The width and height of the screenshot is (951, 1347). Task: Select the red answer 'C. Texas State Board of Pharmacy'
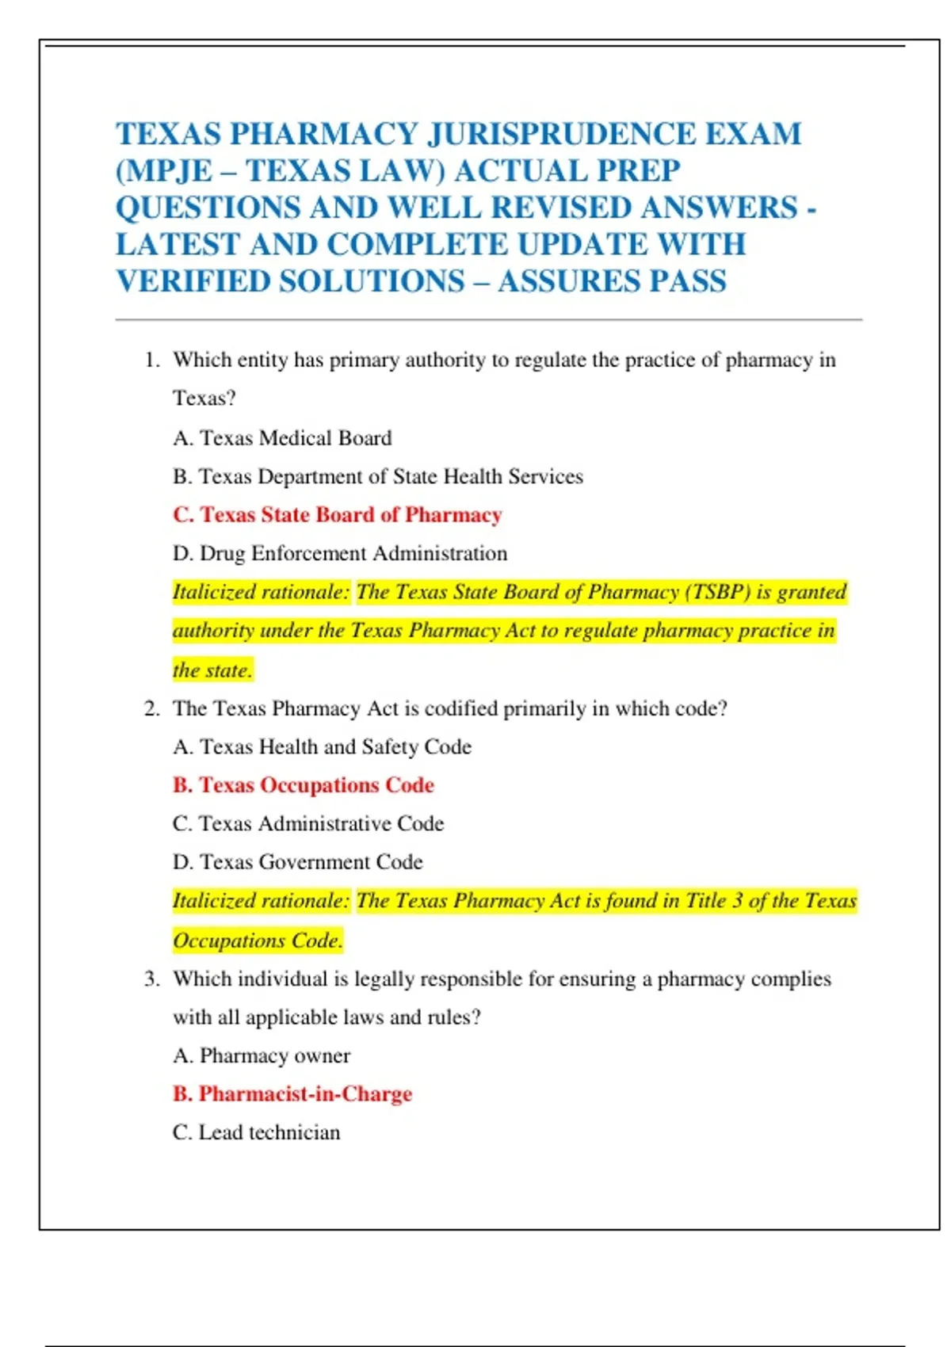tap(338, 515)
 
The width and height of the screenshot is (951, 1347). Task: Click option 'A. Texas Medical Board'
tap(282, 438)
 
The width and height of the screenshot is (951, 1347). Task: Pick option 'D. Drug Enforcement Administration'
tap(340, 553)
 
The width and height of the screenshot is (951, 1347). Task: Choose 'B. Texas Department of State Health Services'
tap(378, 476)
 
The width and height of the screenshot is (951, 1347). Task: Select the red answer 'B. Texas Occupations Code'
tap(304, 785)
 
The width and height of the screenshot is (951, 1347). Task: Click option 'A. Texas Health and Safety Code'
tap(322, 746)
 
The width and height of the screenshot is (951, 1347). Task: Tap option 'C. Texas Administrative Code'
tap(308, 823)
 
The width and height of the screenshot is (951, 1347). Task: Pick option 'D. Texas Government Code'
tap(298, 862)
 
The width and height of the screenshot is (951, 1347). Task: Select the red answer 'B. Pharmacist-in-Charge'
tap(292, 1094)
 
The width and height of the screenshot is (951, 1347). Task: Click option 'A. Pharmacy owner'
tap(262, 1055)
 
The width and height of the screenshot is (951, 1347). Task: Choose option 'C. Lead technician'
tap(256, 1132)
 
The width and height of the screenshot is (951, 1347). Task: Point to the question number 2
tap(151, 708)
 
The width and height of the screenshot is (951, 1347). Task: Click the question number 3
tap(151, 979)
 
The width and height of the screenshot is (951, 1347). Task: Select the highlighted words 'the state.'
tap(212, 670)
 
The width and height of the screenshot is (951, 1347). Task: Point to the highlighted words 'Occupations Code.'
tap(258, 941)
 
